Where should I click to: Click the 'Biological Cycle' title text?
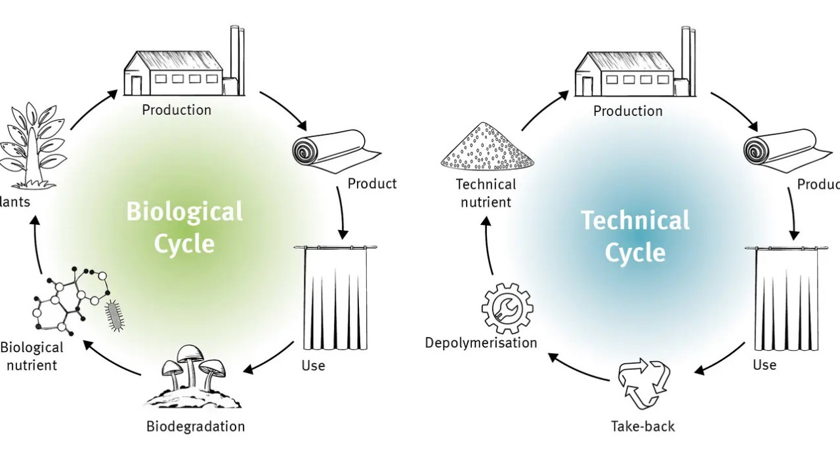(x=184, y=227)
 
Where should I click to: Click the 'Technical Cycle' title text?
(x=635, y=235)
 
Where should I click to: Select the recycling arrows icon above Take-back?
(x=644, y=384)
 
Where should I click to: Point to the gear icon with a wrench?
(x=507, y=308)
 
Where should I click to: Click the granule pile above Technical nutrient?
(x=487, y=146)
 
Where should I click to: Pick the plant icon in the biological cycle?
(x=30, y=144)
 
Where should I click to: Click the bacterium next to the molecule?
(x=115, y=315)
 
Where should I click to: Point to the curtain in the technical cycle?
(x=786, y=298)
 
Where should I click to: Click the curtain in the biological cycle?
(x=335, y=298)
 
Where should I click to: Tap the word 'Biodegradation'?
(x=196, y=427)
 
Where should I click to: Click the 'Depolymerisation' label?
(x=481, y=343)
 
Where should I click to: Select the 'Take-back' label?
(x=643, y=427)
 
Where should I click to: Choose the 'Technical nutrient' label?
(x=486, y=193)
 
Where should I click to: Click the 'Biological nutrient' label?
(x=31, y=356)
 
